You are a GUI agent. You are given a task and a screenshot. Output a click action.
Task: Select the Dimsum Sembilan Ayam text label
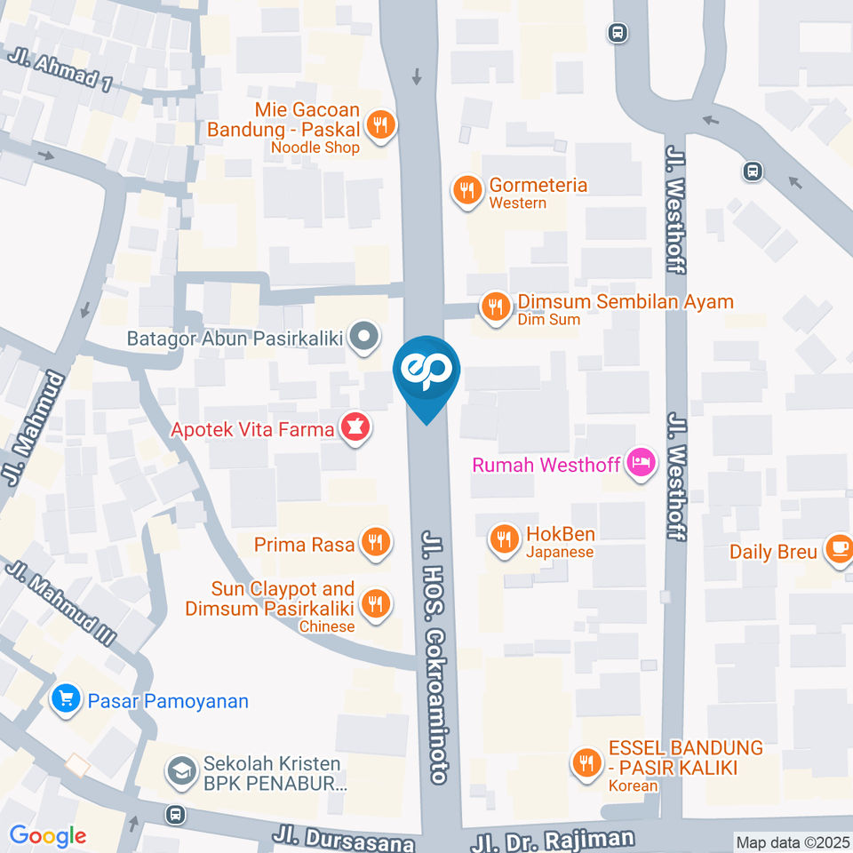(x=626, y=301)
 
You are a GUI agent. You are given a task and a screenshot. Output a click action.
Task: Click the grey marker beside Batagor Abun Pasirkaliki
(x=363, y=338)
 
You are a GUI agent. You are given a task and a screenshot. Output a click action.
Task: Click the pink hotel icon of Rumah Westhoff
(x=639, y=463)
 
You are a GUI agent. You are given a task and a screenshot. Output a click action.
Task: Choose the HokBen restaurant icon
(x=504, y=538)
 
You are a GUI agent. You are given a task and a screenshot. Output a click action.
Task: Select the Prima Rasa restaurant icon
(x=375, y=544)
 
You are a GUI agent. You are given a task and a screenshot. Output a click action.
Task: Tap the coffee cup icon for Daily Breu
(x=837, y=551)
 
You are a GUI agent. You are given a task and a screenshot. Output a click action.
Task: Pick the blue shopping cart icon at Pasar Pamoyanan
(x=65, y=700)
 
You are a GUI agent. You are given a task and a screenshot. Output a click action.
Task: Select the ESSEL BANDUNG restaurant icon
(x=586, y=761)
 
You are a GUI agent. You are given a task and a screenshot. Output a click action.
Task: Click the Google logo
(x=47, y=835)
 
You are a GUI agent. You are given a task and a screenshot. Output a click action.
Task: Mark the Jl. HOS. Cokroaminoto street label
(x=434, y=658)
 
